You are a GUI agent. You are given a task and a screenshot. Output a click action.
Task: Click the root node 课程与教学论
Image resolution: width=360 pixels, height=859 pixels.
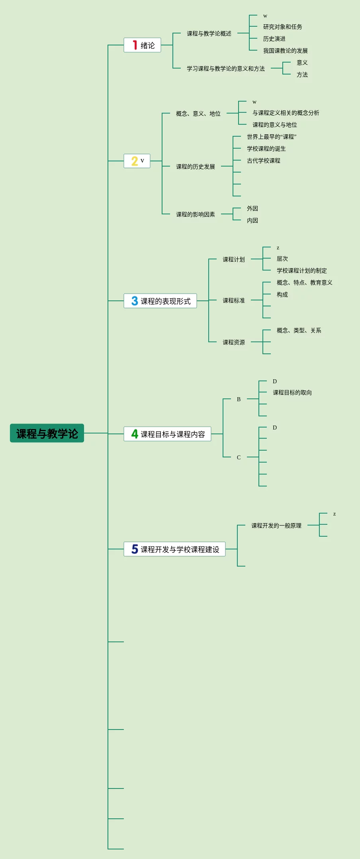point(47,433)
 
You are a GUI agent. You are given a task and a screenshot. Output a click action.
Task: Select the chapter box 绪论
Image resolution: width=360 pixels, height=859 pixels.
point(142,45)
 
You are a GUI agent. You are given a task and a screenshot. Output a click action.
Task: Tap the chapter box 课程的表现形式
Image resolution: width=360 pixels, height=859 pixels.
point(160,301)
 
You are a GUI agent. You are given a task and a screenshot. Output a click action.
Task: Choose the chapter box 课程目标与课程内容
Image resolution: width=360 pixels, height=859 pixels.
point(167,434)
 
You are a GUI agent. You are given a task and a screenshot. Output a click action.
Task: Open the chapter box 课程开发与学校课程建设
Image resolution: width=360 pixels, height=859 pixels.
point(174,549)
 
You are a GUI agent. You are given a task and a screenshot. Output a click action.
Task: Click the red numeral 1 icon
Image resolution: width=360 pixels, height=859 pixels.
point(135,45)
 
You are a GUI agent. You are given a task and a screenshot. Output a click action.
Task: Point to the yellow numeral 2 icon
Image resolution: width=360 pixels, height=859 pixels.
point(135,161)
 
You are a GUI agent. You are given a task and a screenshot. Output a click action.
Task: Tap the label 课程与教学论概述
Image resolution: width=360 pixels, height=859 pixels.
point(209,34)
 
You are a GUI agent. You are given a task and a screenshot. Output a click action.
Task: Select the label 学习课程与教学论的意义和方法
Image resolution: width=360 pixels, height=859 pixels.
point(226,69)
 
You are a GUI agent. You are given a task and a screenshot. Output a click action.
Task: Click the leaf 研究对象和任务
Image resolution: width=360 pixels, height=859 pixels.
point(282,27)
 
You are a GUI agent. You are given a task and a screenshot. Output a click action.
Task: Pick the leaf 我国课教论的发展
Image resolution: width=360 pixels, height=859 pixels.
point(285,51)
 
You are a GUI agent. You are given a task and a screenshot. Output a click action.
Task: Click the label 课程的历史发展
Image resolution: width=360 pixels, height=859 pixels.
point(196,167)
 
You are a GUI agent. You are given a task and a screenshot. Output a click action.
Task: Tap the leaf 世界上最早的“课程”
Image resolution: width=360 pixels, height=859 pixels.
point(272,137)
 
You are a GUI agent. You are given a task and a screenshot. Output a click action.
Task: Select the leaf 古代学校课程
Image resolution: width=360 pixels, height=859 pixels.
point(263,161)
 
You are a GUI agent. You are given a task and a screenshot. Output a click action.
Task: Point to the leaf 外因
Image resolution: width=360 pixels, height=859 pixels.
point(252,209)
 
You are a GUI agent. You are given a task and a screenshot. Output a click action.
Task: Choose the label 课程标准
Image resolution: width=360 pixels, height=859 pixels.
point(234,301)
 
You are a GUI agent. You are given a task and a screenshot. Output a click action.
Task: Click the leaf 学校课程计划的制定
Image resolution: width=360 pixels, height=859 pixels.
point(301,271)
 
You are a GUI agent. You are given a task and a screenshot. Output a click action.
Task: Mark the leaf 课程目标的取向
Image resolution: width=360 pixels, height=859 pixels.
point(292,393)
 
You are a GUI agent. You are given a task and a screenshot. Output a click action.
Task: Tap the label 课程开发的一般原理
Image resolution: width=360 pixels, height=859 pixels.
point(276,526)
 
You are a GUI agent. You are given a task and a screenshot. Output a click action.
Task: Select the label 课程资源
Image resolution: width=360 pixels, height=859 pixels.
point(234,343)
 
